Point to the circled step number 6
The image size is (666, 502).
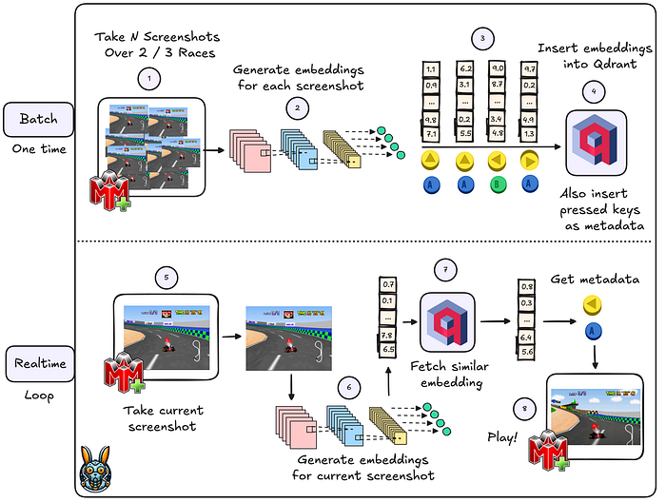349,388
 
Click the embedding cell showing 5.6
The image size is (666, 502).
525,353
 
